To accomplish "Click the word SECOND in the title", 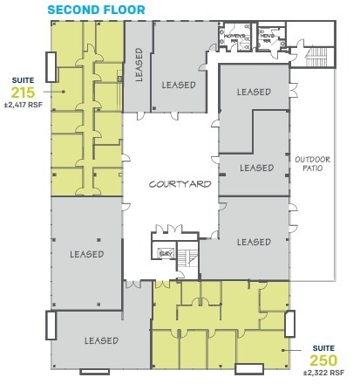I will coord(70,10).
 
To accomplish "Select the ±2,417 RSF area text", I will coord(24,103).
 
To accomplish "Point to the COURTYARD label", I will coord(173,185).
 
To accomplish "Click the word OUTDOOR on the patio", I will coord(312,159).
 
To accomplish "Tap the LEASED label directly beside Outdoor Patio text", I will coord(256,167).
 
